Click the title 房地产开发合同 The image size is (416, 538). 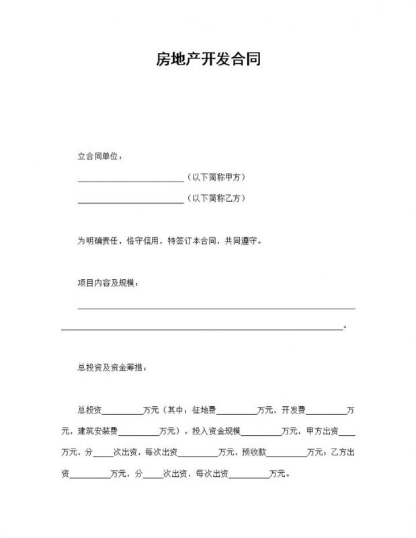[208, 59]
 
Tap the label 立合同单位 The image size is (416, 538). [99, 157]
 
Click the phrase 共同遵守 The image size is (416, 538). [241, 240]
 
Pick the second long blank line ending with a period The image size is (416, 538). [202, 329]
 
